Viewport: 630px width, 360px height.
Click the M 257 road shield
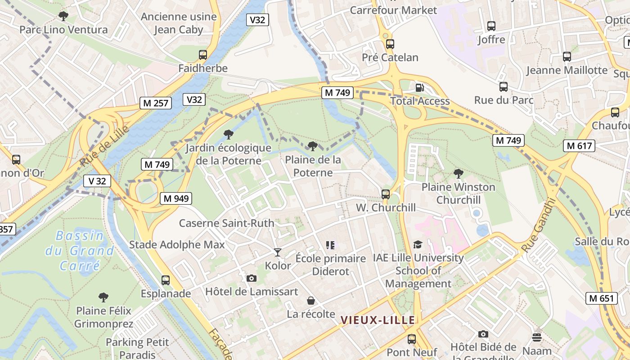point(156,103)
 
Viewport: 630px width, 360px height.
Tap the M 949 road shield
point(176,198)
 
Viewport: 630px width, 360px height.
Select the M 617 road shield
point(579,146)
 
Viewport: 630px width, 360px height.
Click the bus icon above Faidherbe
point(203,55)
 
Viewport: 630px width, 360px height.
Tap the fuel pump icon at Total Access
point(419,88)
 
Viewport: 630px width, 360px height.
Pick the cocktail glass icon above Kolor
point(278,252)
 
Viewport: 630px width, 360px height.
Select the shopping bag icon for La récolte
point(311,301)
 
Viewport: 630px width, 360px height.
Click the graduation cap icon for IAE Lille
point(418,245)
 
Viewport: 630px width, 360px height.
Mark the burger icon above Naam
point(537,337)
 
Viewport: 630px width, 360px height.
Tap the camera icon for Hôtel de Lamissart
point(252,278)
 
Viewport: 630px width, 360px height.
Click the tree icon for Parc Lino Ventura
point(63,16)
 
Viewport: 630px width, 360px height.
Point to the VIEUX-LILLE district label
point(378,320)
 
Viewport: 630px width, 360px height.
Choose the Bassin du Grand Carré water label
point(80,251)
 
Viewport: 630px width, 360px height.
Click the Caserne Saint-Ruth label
point(226,223)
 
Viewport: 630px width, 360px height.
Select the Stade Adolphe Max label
point(177,245)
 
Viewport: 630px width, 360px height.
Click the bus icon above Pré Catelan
point(390,44)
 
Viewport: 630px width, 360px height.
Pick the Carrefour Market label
point(393,10)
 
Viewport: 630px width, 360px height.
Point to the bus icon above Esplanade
point(166,280)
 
